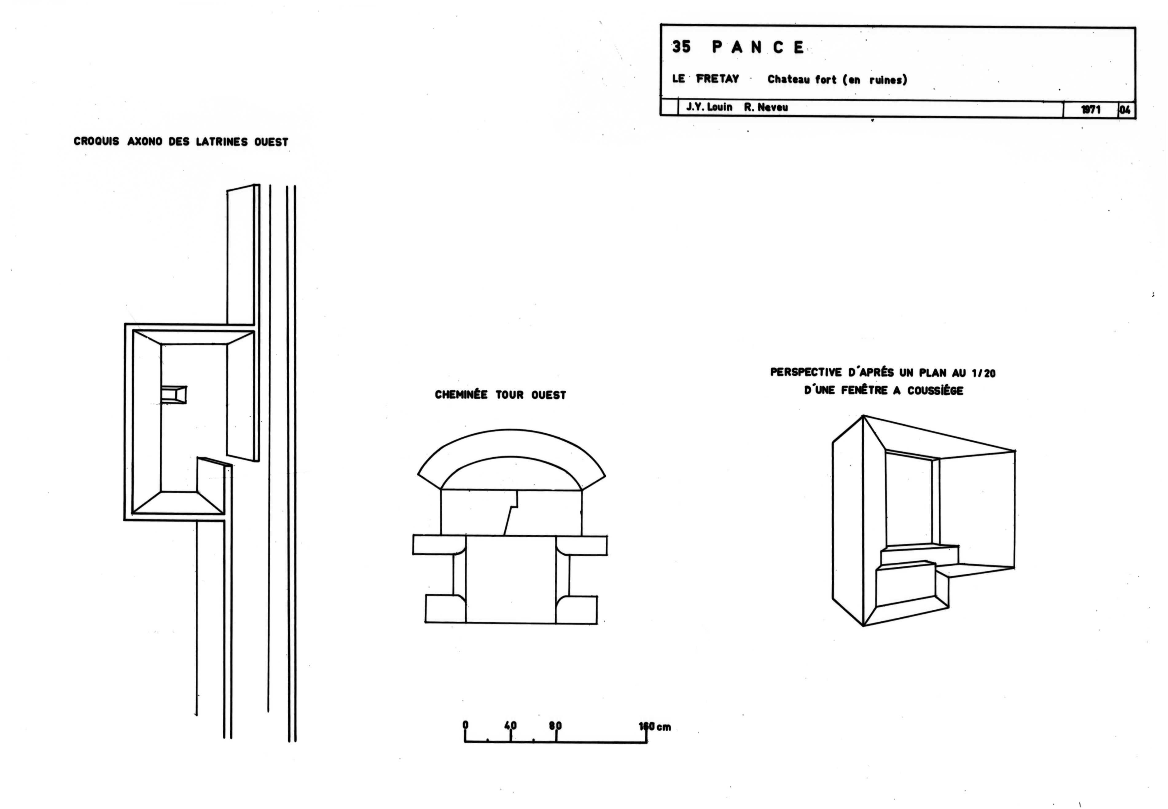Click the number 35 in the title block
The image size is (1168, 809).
click(x=681, y=47)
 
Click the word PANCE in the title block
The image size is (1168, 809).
click(x=758, y=47)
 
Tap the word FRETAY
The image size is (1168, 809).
click(x=717, y=79)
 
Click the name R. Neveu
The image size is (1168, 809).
click(x=766, y=107)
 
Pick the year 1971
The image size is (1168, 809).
click(x=1091, y=109)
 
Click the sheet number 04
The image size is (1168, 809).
click(x=1125, y=109)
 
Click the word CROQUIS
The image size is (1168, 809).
click(x=96, y=141)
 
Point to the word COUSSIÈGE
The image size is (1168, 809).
click(x=936, y=390)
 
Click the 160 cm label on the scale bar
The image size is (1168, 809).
click(x=655, y=727)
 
